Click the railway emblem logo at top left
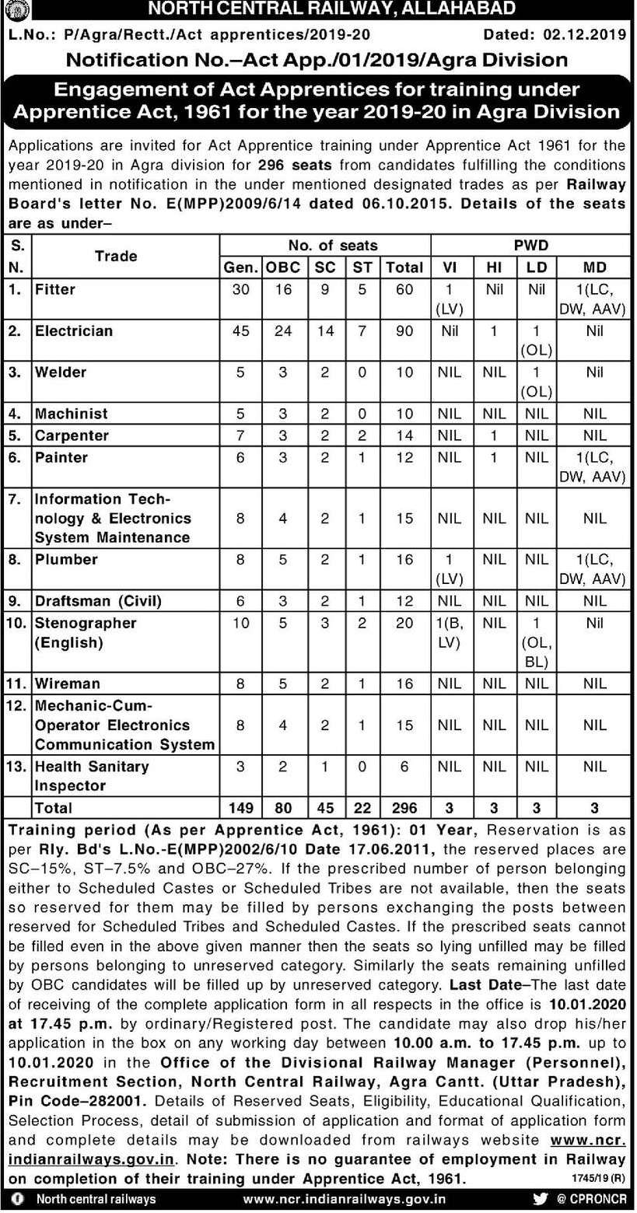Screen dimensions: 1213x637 pyautogui.click(x=13, y=11)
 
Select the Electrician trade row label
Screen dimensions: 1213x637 pyautogui.click(x=74, y=330)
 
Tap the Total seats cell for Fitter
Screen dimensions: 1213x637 pyautogui.click(x=404, y=288)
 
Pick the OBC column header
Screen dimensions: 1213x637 pyautogui.click(x=282, y=267)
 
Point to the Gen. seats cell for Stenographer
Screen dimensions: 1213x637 pyautogui.click(x=240, y=623)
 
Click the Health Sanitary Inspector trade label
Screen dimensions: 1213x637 pyautogui.click(x=92, y=775)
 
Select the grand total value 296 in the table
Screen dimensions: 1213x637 pyautogui.click(x=404, y=807)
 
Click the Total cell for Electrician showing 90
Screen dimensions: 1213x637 pyautogui.click(x=404, y=330)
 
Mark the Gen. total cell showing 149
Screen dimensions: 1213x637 pyautogui.click(x=240, y=807)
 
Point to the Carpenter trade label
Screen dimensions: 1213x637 pyautogui.click(x=72, y=435)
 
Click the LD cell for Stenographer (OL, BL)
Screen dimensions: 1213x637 pyautogui.click(x=536, y=642)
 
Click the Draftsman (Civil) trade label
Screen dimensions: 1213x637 pyautogui.click(x=97, y=600)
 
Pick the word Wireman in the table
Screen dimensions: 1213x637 pyautogui.click(x=68, y=683)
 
